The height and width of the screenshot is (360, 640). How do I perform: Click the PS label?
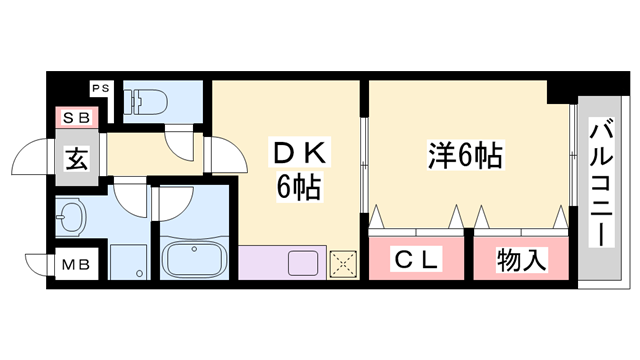point(100,89)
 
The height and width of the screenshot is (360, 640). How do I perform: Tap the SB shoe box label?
point(76,118)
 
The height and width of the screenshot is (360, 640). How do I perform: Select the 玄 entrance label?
point(76,158)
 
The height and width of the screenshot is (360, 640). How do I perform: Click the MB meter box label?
point(76,265)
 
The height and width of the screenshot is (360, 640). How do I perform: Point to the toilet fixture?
point(143,101)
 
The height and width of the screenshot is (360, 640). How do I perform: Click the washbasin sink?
point(71,215)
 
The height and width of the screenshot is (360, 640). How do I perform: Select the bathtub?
point(193,260)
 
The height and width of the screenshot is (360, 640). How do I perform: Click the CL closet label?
point(416,260)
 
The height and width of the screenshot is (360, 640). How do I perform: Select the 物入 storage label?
point(521,260)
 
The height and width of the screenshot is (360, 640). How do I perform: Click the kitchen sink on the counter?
point(302,264)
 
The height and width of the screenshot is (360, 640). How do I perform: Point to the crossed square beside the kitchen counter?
point(342,263)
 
